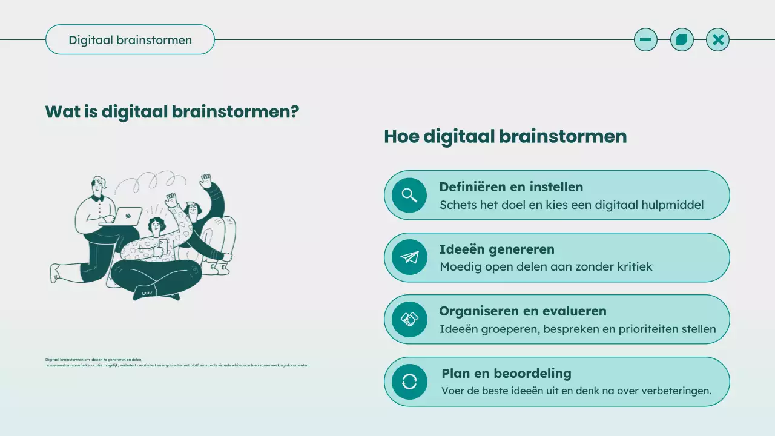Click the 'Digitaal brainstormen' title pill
pyautogui.click(x=130, y=40)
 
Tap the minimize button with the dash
pyautogui.click(x=645, y=40)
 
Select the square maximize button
pyautogui.click(x=682, y=40)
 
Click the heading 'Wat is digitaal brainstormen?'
pyautogui.click(x=172, y=112)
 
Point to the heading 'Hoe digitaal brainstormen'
pyautogui.click(x=505, y=136)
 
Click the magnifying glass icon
pyautogui.click(x=410, y=195)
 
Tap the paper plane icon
pyautogui.click(x=410, y=257)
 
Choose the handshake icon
pyautogui.click(x=410, y=319)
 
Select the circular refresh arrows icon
pyautogui.click(x=410, y=381)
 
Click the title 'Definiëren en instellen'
pyautogui.click(x=511, y=187)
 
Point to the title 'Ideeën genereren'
pyautogui.click(x=496, y=249)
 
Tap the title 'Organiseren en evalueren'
pyautogui.click(x=523, y=311)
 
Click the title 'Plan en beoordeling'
pyautogui.click(x=506, y=374)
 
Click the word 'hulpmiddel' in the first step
pyautogui.click(x=673, y=205)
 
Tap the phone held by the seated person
pyautogui.click(x=162, y=246)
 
